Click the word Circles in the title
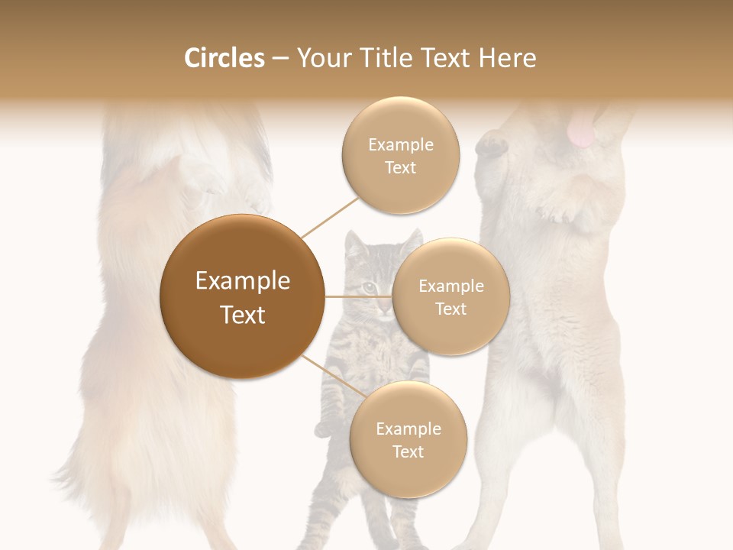(224, 58)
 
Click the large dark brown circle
(243, 296)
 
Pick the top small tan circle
(400, 155)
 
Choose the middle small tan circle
(450, 296)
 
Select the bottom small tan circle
(408, 439)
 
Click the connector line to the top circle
(331, 217)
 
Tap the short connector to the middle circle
(359, 296)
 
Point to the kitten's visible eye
(369, 286)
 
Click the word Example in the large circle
(243, 281)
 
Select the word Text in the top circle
(400, 168)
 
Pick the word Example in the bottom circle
(408, 429)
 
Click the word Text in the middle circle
(450, 309)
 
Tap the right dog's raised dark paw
(491, 144)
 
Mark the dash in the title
(279, 59)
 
